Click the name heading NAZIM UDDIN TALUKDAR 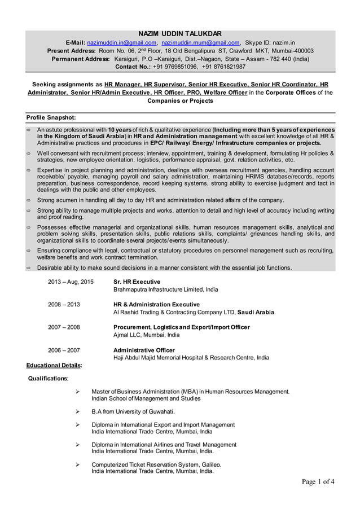[x=180, y=33]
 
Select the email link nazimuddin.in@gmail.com [x=121, y=42]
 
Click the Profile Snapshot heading [x=51, y=117]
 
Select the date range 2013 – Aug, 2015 [x=71, y=281]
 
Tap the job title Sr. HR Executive [x=137, y=281]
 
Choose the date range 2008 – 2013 [x=64, y=304]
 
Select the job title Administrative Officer [x=144, y=350]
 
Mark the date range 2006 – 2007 [x=64, y=350]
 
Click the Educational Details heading [x=54, y=366]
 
